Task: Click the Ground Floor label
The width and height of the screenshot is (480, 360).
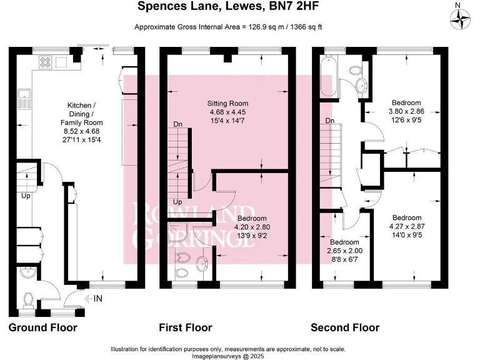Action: coord(43,327)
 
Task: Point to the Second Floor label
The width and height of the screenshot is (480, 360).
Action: coord(346,327)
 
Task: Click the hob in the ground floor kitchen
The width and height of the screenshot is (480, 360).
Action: coord(46,61)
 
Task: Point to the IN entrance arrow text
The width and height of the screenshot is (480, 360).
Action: coord(97,299)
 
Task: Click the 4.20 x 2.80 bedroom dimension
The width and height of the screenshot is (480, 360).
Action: coord(249,227)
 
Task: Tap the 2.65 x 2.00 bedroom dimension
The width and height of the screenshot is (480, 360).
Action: coord(344,250)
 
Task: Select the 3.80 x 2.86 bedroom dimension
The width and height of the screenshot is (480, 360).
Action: coord(406,111)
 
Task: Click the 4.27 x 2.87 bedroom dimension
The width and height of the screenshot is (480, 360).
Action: coord(406,227)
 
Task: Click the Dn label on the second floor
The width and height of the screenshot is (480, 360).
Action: coord(329,121)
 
